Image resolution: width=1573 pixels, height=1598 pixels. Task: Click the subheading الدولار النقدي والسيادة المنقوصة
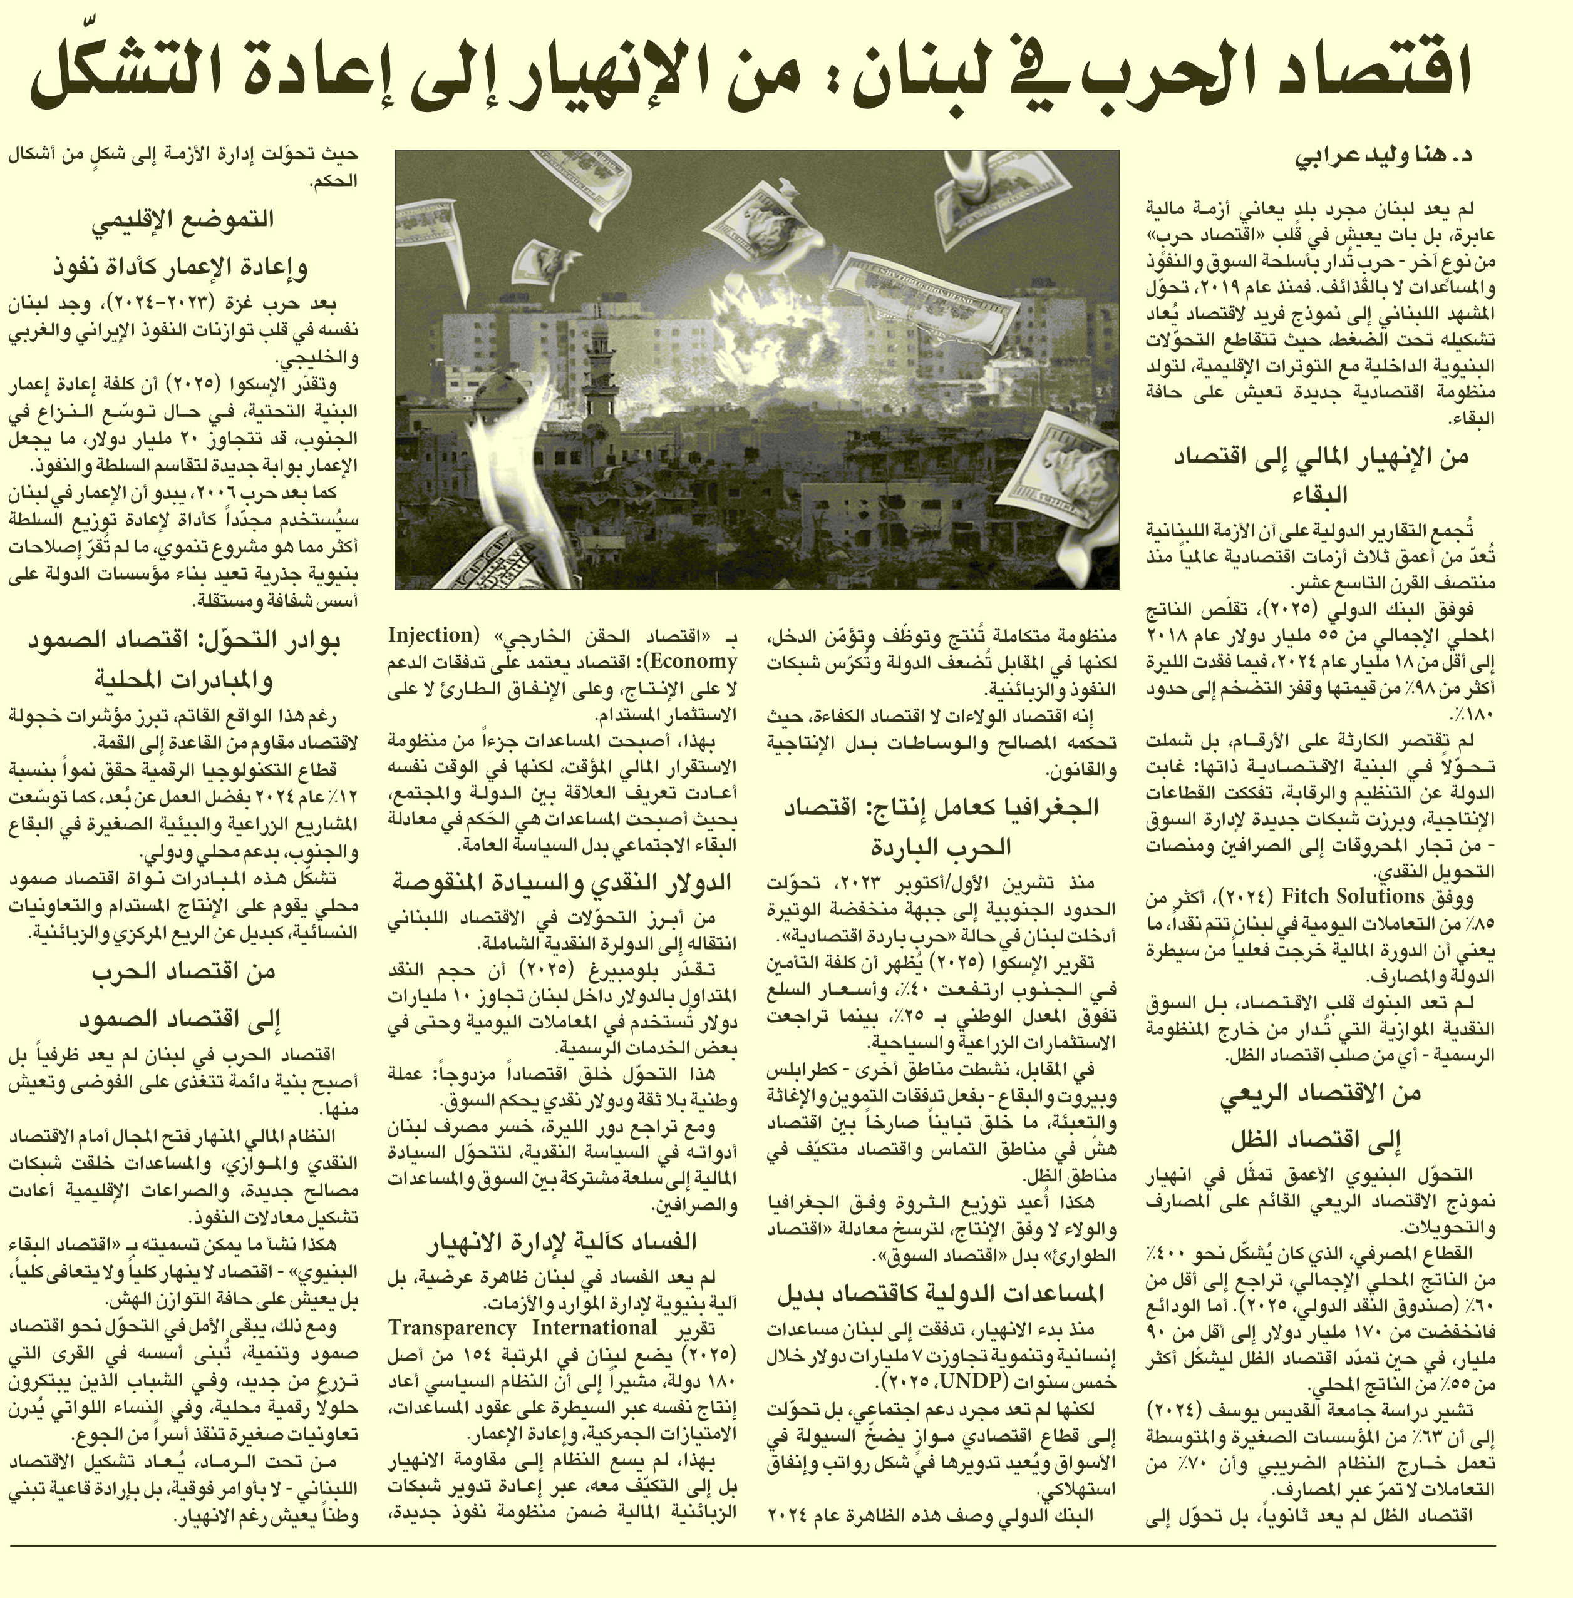click(562, 883)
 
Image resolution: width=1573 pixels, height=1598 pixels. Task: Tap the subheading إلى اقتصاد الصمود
click(183, 1020)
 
